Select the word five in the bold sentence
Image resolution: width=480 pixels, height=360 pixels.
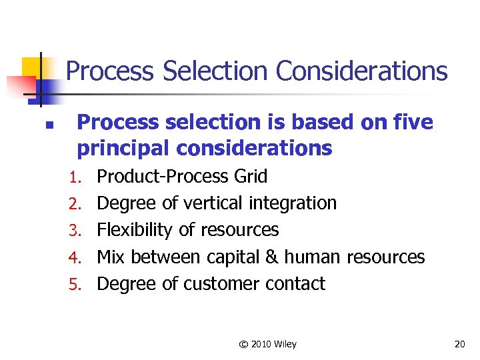pyautogui.click(x=413, y=123)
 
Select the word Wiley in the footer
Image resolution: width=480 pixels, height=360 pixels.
pyautogui.click(x=285, y=345)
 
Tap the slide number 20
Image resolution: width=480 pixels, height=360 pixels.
pyautogui.click(x=459, y=345)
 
